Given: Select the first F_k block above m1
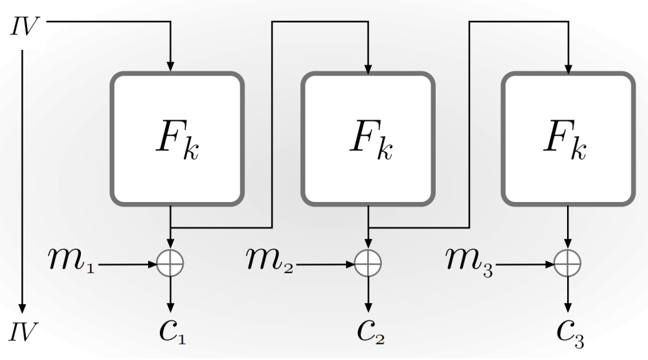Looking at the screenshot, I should [x=177, y=139].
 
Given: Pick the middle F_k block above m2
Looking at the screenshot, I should [x=368, y=139].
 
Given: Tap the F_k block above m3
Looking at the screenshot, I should [x=568, y=139].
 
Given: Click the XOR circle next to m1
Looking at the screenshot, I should [x=171, y=264].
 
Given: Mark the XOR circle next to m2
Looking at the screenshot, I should [x=368, y=264].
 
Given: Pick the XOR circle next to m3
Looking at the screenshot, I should [x=568, y=264].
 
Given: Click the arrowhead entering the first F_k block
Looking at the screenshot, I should [x=171, y=66].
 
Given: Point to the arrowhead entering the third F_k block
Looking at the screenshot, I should [x=568, y=66].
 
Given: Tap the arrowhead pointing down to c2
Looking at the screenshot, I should [x=368, y=307].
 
